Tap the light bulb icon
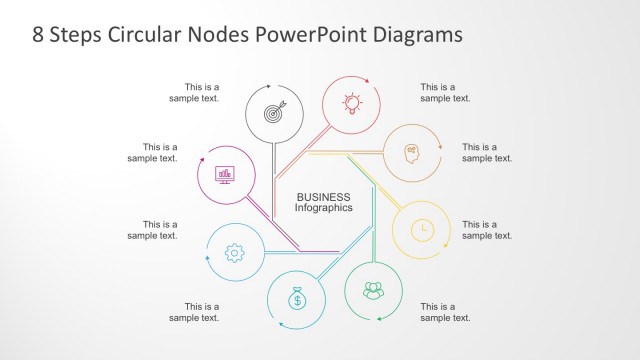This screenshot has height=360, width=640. point(351,101)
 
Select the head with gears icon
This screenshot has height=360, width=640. point(412,152)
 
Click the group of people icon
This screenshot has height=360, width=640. point(373,291)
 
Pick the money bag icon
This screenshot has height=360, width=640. point(297,298)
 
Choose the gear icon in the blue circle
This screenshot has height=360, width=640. point(235,253)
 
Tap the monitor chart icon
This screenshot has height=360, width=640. point(224,174)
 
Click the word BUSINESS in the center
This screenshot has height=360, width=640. point(323,197)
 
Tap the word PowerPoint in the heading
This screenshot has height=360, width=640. point(298,34)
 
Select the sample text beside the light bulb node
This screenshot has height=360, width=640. point(445,92)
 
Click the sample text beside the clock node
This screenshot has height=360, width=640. point(486,230)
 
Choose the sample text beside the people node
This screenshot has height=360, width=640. point(445,311)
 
